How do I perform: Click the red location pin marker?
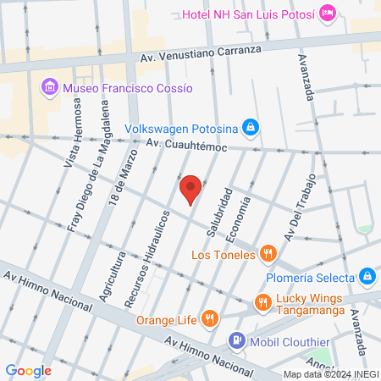point(190,189)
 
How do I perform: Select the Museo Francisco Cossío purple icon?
point(48,87)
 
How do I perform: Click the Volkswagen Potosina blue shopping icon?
point(250,128)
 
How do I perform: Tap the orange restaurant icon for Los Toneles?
point(268,252)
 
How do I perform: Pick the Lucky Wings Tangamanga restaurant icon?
point(263,302)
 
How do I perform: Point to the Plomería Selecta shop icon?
point(367,276)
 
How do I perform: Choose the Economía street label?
point(244,215)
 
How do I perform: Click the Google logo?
point(28,370)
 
